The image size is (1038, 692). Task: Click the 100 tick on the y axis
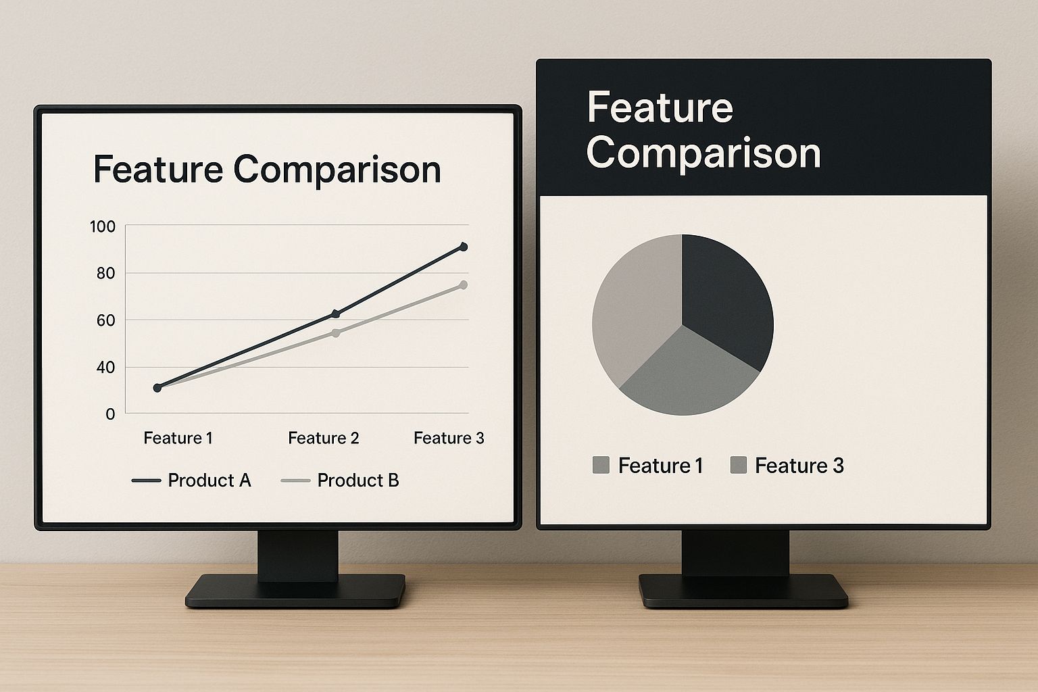tap(103, 226)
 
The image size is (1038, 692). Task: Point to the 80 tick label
tap(106, 274)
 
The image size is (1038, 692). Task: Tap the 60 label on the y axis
tap(106, 320)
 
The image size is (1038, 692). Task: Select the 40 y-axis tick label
tap(106, 368)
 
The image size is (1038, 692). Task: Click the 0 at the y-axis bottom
tap(110, 414)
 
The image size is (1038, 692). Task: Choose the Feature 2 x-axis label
tap(323, 438)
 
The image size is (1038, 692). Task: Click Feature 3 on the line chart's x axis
tap(449, 438)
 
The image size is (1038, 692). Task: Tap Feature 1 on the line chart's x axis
tap(178, 438)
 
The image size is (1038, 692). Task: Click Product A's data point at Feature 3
tap(463, 247)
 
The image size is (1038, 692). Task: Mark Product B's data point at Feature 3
tap(463, 285)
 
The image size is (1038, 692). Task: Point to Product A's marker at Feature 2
tap(336, 314)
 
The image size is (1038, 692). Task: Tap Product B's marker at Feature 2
tap(336, 332)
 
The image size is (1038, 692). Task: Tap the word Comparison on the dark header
tap(703, 153)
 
